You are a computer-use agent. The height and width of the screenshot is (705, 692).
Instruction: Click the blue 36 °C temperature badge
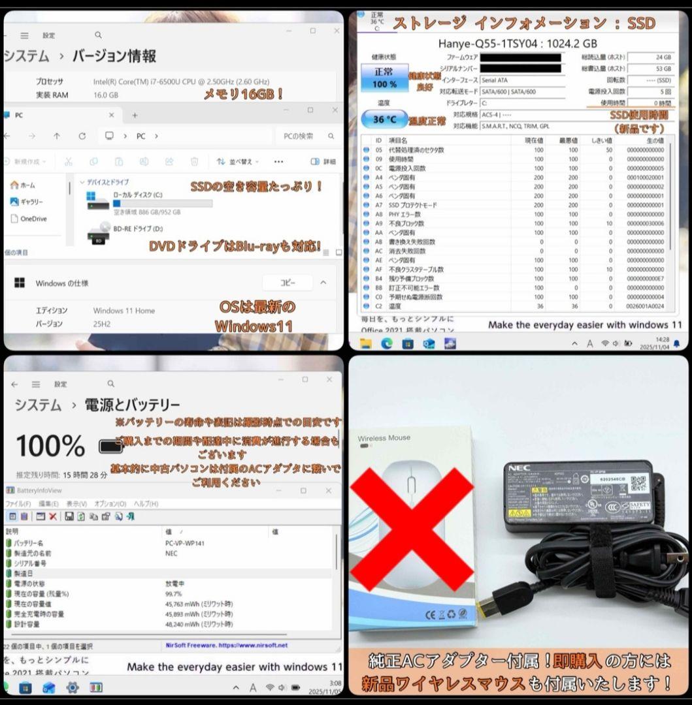pos(384,119)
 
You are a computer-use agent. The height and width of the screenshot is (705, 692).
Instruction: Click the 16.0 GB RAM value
pos(106,95)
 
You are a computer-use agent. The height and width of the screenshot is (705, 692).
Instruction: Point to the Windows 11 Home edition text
pos(124,311)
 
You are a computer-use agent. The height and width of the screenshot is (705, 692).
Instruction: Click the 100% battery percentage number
pos(50,446)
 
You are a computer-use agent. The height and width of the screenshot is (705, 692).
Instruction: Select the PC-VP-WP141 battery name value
pos(185,543)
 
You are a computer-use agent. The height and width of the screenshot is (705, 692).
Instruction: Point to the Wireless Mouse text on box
pos(384,438)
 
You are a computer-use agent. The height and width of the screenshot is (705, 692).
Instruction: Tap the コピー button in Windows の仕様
pos(288,283)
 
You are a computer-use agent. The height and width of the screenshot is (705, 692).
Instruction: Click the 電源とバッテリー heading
pos(132,405)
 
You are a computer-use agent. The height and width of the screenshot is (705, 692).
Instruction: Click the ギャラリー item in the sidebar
pos(31,202)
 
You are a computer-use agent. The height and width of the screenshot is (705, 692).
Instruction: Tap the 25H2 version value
pos(104,324)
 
